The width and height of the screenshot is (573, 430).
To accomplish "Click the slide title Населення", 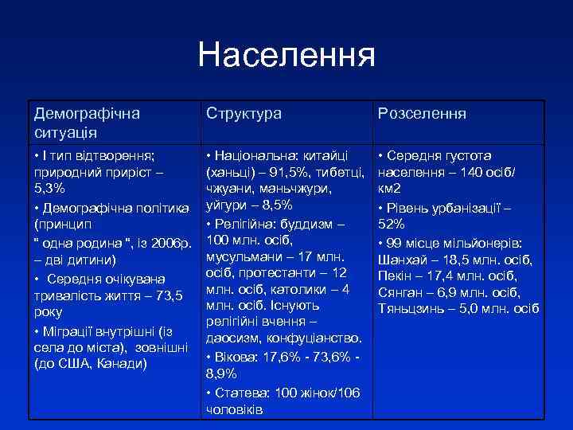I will (286, 55).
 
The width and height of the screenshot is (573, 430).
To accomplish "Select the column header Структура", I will (244, 114).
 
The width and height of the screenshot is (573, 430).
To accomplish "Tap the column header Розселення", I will (422, 114).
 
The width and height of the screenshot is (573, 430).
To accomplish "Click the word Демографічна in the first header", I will (87, 113).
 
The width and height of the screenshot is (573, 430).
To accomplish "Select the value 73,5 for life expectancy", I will (167, 295).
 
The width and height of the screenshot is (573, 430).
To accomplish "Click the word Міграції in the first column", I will (69, 330).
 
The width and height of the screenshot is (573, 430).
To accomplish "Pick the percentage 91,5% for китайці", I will (285, 173).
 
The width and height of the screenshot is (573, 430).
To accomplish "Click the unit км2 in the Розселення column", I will (390, 189).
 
